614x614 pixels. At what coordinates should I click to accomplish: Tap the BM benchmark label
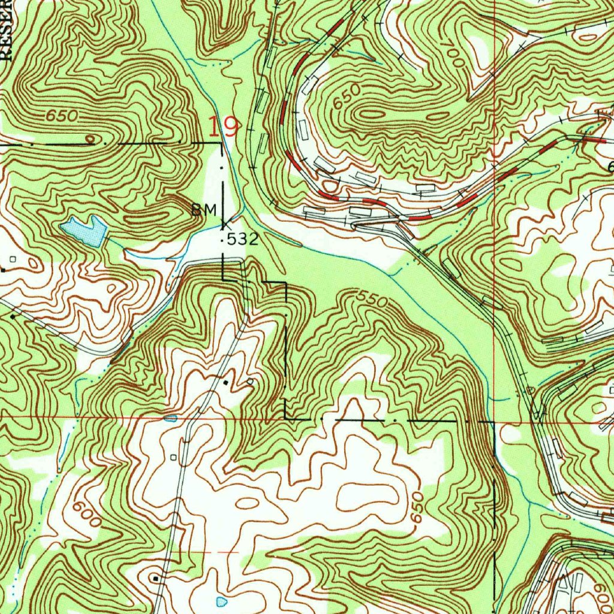(203, 210)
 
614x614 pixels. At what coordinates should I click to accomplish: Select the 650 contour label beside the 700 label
(347, 96)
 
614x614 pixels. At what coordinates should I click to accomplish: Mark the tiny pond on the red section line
(171, 418)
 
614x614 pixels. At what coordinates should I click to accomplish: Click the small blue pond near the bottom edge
(221, 600)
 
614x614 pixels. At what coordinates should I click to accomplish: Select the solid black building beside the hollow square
(226, 381)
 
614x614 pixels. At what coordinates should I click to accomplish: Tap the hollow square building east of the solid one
(250, 381)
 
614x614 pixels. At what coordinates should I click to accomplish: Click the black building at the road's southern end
(156, 579)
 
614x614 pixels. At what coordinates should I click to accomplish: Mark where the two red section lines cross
(493, 422)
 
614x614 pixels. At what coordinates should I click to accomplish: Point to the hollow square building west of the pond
(13, 259)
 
